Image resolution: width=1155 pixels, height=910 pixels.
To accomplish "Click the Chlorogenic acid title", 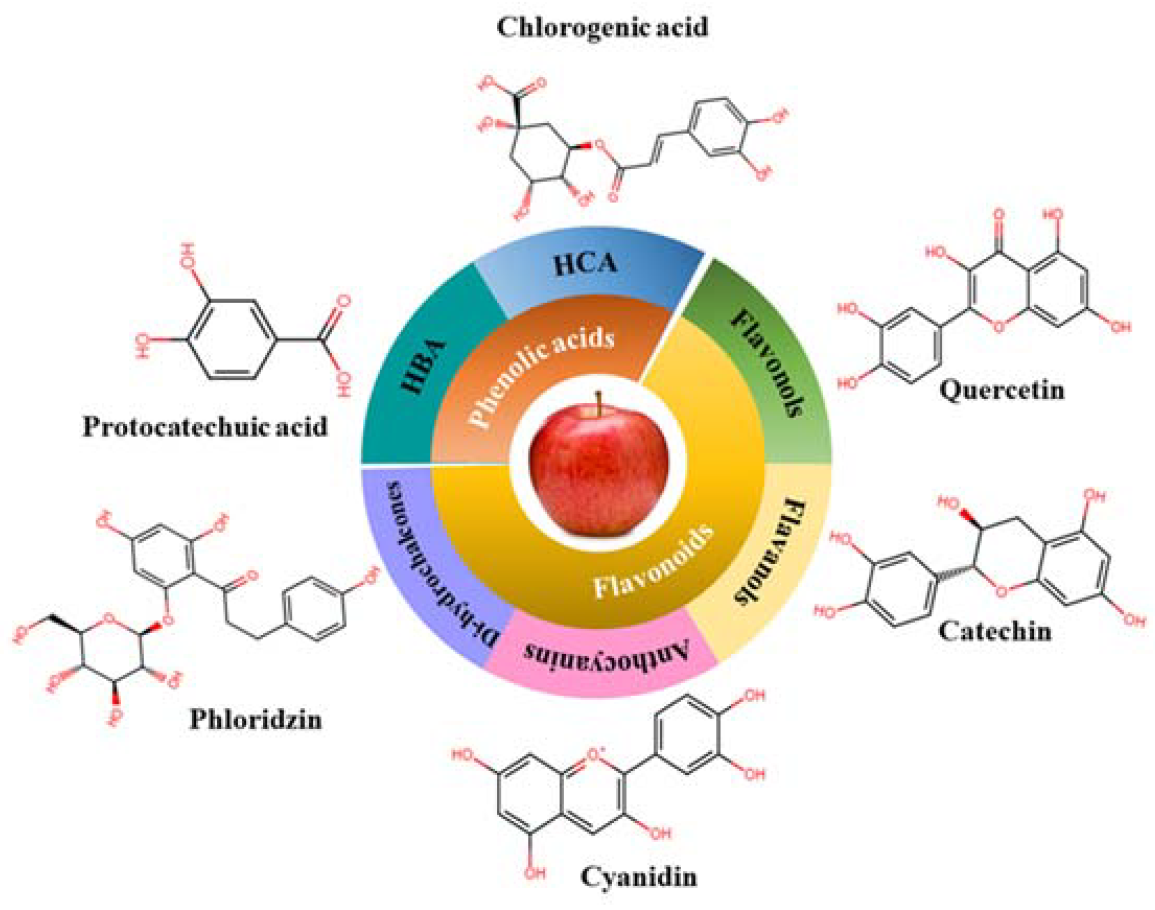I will [602, 27].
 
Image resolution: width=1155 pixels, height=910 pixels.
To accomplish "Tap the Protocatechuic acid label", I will [205, 427].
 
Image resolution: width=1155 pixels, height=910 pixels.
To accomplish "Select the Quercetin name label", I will [1001, 390].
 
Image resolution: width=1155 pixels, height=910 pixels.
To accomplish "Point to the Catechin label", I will [995, 632].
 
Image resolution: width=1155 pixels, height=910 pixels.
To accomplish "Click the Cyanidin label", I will [638, 877].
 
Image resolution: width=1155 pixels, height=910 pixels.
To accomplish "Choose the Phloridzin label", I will [256, 720].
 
